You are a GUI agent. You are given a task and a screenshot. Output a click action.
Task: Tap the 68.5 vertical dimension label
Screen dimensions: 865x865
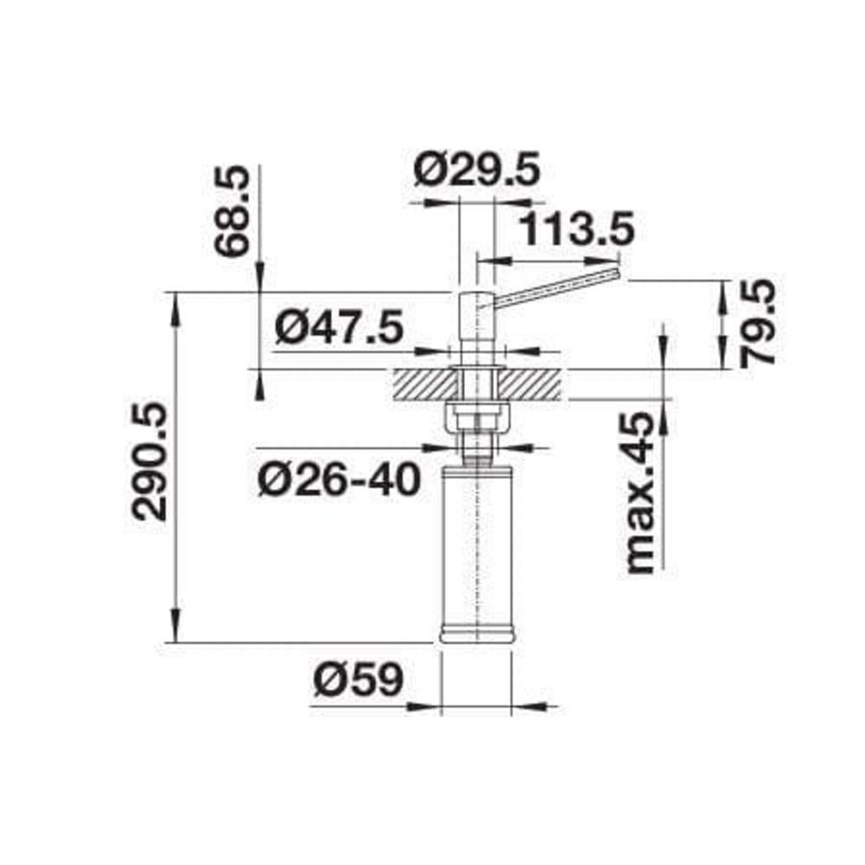tap(232, 211)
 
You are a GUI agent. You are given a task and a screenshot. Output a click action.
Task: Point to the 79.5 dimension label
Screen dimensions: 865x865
tap(758, 324)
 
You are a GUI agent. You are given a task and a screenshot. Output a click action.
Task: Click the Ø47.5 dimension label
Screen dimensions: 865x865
tap(339, 327)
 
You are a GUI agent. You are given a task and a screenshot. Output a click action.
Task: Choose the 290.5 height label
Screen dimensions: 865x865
tap(149, 462)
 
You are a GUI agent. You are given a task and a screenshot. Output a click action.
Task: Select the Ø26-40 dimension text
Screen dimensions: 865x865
tap(339, 479)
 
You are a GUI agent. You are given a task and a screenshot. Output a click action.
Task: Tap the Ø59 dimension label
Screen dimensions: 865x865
tap(359, 679)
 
